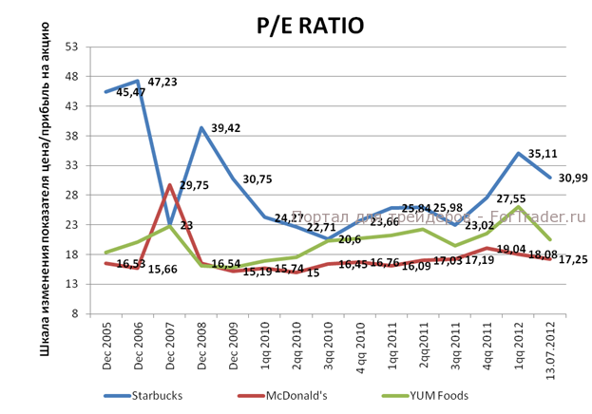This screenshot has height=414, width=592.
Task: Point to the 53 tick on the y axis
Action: pyautogui.click(x=71, y=47)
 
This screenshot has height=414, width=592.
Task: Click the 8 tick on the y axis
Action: pyautogui.click(x=74, y=313)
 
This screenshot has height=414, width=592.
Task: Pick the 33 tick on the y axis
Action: pyautogui.click(x=71, y=165)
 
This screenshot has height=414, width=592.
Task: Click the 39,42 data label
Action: pyautogui.click(x=226, y=128)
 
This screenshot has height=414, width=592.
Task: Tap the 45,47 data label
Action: pyautogui.click(x=131, y=92)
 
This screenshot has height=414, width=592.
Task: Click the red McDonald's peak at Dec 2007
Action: pyautogui.click(x=169, y=185)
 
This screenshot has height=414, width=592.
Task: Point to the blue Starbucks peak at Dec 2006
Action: pyautogui.click(x=138, y=82)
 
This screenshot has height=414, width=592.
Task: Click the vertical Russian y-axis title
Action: pyautogui.click(x=46, y=180)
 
